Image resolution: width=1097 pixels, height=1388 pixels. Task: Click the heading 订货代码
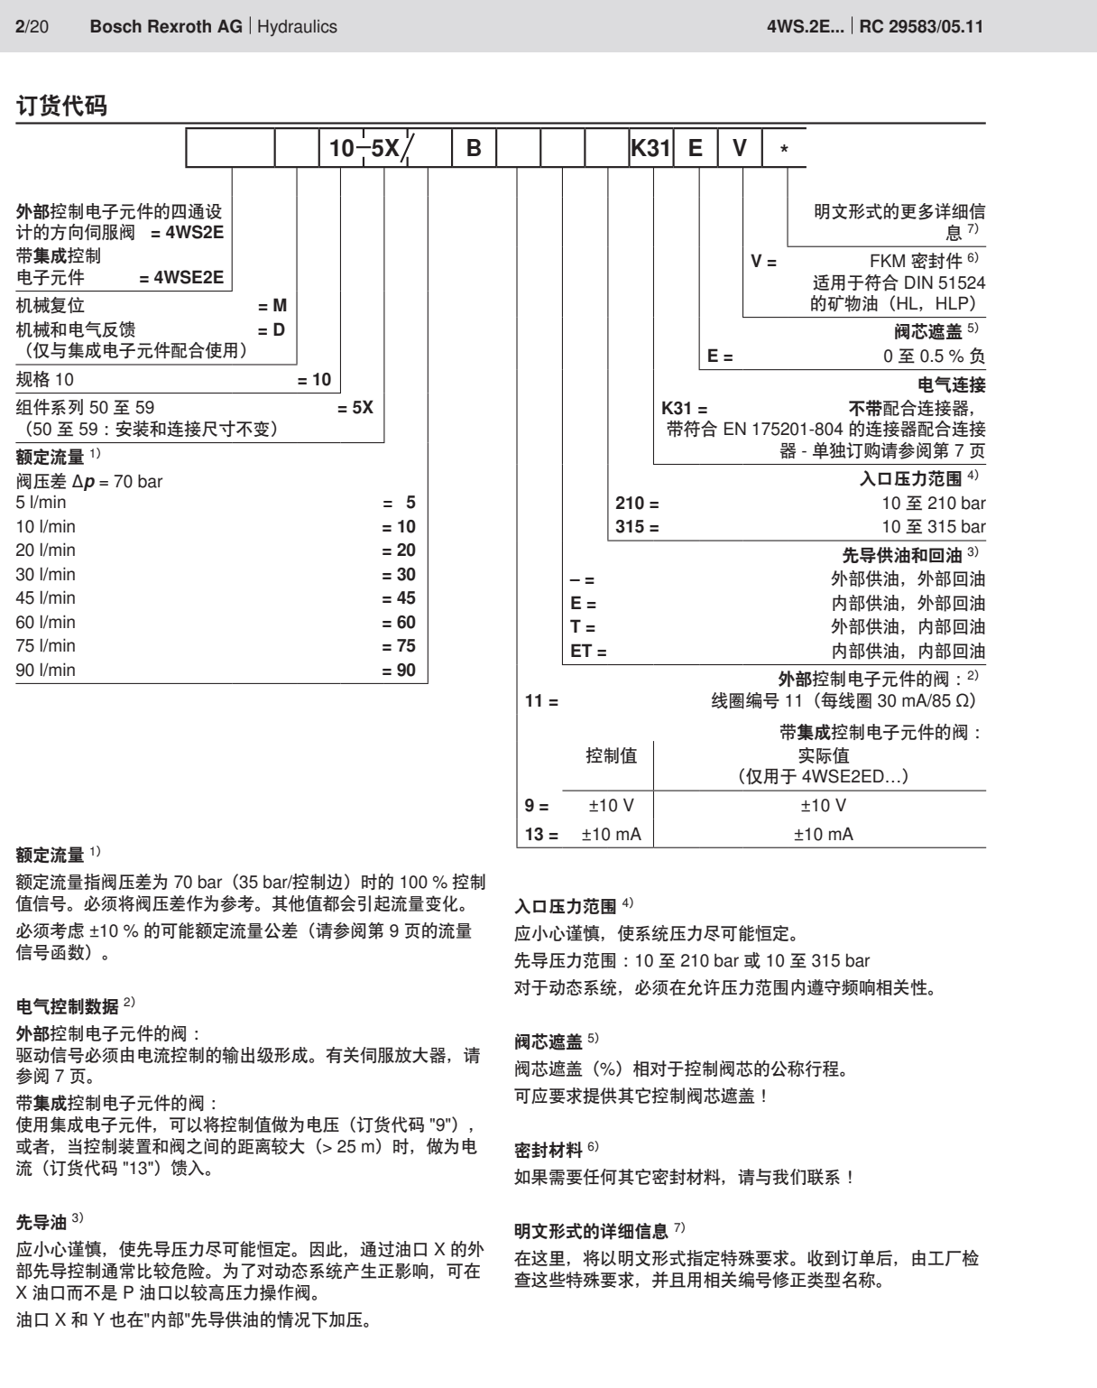coord(61,106)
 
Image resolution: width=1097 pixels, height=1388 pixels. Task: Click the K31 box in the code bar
coord(651,148)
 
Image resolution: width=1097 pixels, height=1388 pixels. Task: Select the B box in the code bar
coord(474,148)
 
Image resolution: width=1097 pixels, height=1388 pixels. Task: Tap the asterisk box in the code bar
coord(783,148)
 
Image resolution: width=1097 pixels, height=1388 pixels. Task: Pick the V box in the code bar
coord(740,148)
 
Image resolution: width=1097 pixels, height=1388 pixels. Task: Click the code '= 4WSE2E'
coord(181,278)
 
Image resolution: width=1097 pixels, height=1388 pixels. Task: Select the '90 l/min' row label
coord(46,670)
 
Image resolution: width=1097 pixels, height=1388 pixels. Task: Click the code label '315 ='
coord(637,527)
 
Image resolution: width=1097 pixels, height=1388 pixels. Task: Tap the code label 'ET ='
coord(588,651)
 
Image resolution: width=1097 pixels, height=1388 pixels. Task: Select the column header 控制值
coord(611,756)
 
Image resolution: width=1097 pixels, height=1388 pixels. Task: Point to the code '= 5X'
coord(355,407)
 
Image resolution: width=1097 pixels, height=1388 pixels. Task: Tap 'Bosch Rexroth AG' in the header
coord(166,27)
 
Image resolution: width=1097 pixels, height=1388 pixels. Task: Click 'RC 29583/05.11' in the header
coord(921,27)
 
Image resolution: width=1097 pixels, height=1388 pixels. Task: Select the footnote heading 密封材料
coord(548,1151)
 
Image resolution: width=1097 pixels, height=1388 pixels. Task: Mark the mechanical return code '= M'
coord(272,306)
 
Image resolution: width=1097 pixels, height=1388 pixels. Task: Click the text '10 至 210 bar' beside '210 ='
coord(934,504)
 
